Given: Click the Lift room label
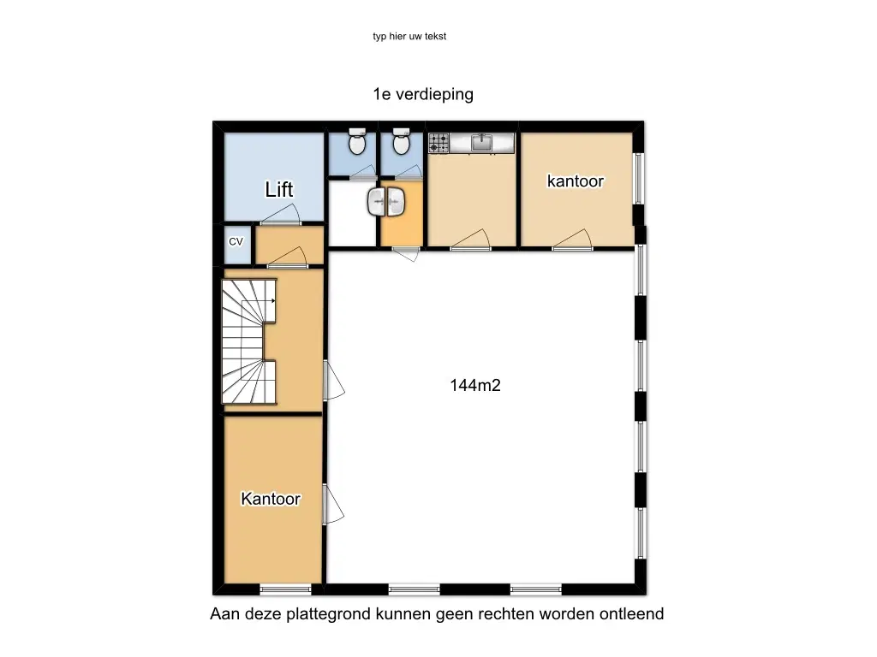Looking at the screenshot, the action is tap(278, 189).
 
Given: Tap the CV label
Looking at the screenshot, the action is tap(236, 241).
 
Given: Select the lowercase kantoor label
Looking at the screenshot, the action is tap(576, 181).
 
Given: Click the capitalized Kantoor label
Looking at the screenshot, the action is tap(271, 499).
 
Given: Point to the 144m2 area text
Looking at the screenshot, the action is tap(475, 385).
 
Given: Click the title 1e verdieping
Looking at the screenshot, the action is tap(423, 94).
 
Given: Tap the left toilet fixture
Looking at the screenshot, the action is tap(357, 141).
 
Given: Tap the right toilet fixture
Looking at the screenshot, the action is tap(401, 141).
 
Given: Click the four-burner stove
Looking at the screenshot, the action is tap(438, 143).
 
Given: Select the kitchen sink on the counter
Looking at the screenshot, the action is tap(481, 143).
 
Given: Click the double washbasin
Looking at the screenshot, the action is tap(386, 202).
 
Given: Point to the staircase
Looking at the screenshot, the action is tap(249, 340).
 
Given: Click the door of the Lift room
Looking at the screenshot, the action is tap(281, 215).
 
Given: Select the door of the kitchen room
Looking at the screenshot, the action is tap(470, 240).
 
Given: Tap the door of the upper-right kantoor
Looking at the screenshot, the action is tap(572, 240).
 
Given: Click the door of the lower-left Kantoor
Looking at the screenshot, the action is tap(333, 505).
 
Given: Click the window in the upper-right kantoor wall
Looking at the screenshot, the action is tap(638, 178).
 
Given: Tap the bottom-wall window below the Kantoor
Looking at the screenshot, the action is tap(285, 589).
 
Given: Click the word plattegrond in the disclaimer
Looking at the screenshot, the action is tap(328, 614).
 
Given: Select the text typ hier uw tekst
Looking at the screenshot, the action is tap(409, 36).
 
